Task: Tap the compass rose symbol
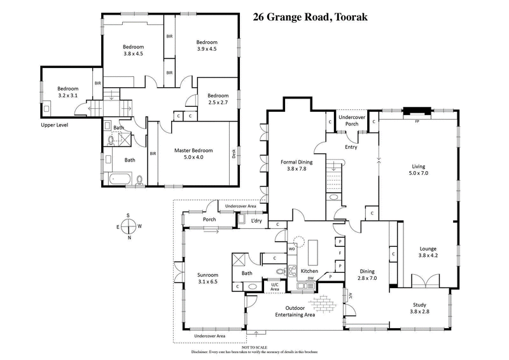[x=129, y=226]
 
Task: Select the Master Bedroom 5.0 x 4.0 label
[x=192, y=154]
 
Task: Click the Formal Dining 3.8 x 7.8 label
[x=294, y=165]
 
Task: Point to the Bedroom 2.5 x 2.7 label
[x=217, y=99]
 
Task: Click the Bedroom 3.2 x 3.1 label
[x=68, y=92]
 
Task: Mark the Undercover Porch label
[x=351, y=121]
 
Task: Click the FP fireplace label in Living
[x=417, y=121]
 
